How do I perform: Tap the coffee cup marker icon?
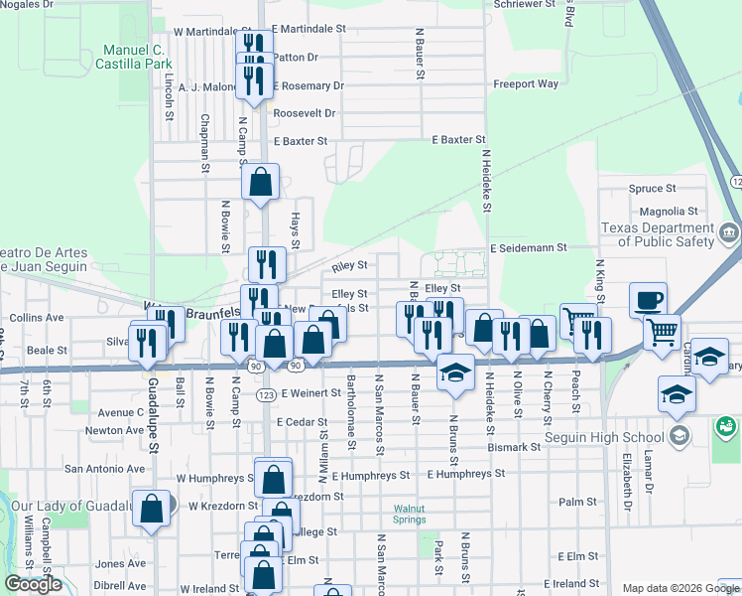click(648, 299)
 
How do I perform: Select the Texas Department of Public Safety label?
click(657, 234)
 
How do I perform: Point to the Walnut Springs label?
click(409, 514)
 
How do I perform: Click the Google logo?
click(34, 584)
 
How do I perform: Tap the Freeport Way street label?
click(526, 84)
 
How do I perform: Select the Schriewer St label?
click(527, 5)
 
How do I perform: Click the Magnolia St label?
click(669, 212)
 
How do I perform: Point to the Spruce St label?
click(652, 188)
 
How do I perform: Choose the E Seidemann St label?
click(527, 247)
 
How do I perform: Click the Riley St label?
click(350, 266)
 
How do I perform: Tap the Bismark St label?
click(520, 447)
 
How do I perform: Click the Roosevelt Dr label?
click(305, 113)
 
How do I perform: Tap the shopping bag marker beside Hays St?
click(260, 183)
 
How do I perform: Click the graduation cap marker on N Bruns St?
click(454, 373)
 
